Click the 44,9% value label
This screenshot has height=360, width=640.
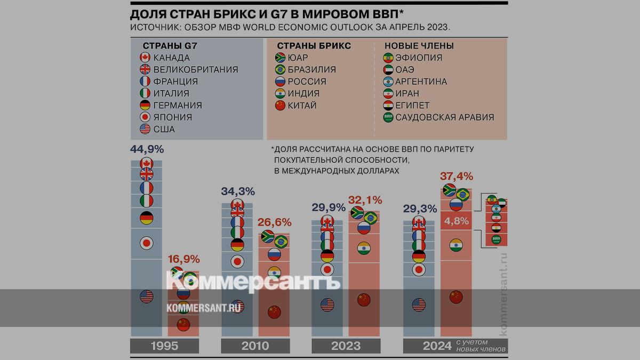147,149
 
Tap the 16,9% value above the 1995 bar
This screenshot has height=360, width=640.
183,259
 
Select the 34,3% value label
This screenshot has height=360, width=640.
237,191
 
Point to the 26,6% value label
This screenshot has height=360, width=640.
274,222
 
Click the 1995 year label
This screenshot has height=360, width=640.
164,346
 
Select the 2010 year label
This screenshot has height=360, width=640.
255,346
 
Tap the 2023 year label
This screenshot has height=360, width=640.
346,346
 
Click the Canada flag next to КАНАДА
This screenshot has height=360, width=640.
145,58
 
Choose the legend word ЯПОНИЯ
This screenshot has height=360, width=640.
172,117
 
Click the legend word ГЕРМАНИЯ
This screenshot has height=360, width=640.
177,106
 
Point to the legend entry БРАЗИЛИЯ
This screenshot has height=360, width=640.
312,70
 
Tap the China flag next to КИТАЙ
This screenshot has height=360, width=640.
280,106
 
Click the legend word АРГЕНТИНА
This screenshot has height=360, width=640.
422,82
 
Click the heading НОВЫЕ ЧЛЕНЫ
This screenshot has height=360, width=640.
419,46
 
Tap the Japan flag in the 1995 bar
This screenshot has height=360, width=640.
146,243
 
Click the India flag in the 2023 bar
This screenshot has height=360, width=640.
364,249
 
